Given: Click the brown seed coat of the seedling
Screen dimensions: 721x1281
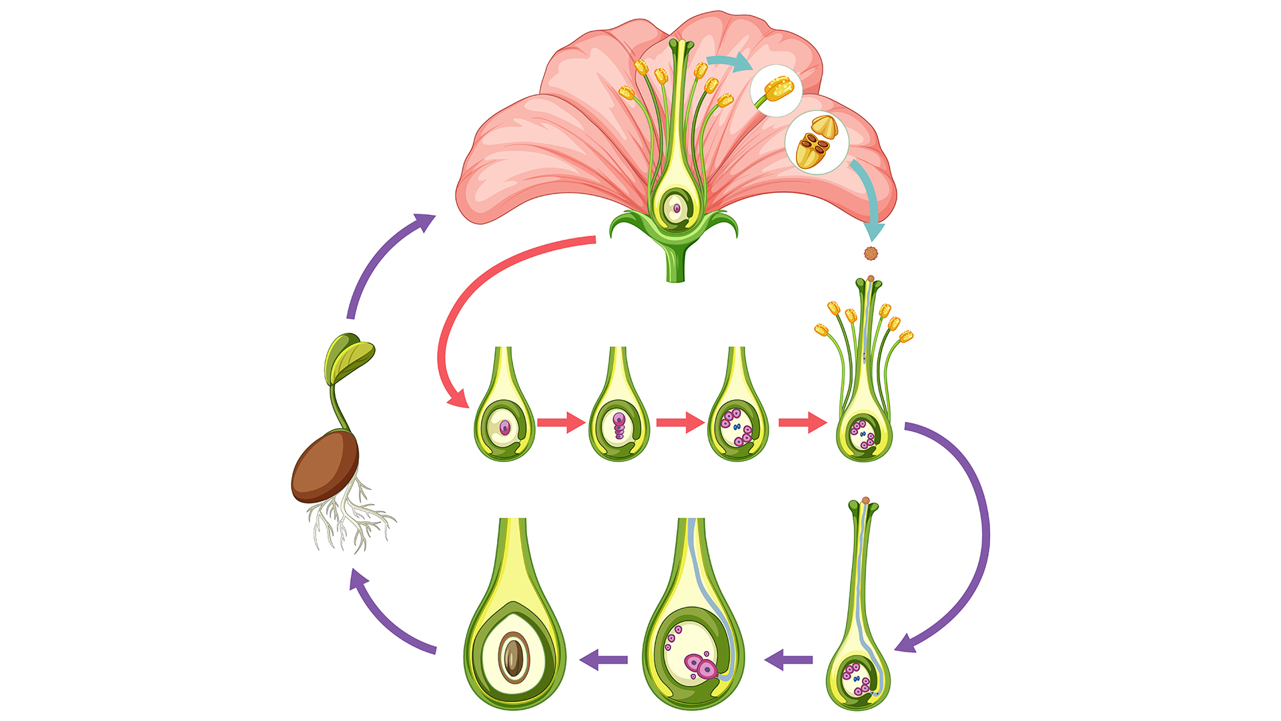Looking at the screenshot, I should pos(324,466).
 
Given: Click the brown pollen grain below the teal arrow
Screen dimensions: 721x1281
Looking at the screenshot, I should pos(871,253).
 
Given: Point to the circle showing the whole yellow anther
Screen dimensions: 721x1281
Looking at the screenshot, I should pos(777,90).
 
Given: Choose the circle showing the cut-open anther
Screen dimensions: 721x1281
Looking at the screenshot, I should pos(817,143).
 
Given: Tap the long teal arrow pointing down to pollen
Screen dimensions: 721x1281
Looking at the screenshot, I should pos(867,200).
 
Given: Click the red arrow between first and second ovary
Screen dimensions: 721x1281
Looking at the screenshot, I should pos(561,423).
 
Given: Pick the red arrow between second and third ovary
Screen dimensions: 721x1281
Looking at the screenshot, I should pos(680,423).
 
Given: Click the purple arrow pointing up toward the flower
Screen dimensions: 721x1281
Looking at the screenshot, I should pos(384,260).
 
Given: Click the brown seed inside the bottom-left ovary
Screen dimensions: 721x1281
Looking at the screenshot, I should pos(513,657).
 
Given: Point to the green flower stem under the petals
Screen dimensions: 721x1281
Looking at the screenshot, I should pos(676,264).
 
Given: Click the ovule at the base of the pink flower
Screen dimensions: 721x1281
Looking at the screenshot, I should pos(676,209).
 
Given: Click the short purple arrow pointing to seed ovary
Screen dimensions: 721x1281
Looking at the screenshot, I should pos(604,660).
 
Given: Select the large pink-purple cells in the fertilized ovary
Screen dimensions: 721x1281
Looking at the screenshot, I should pos(701,666).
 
